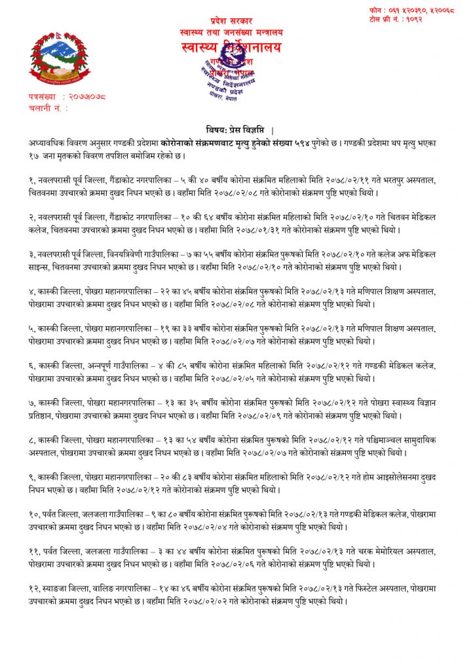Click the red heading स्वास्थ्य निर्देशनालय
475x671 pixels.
tap(231, 48)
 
